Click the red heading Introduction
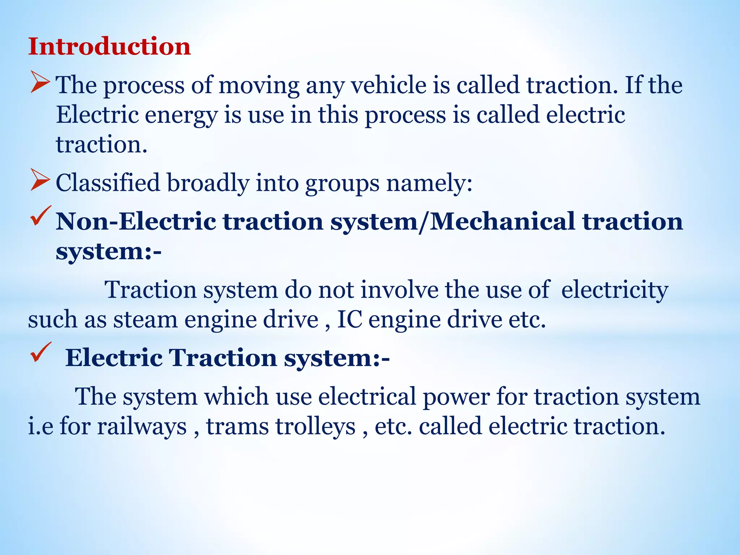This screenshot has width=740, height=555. tap(109, 47)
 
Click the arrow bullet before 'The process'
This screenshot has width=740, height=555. tap(40, 82)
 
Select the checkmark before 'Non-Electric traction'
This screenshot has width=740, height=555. tap(40, 216)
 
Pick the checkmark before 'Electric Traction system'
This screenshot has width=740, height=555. tap(40, 352)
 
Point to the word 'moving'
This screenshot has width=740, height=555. tap(259, 86)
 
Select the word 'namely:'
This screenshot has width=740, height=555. tap(430, 183)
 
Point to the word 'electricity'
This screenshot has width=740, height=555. tap(614, 291)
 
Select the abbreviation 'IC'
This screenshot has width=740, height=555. tap(349, 320)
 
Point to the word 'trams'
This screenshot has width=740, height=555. tap(237, 426)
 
